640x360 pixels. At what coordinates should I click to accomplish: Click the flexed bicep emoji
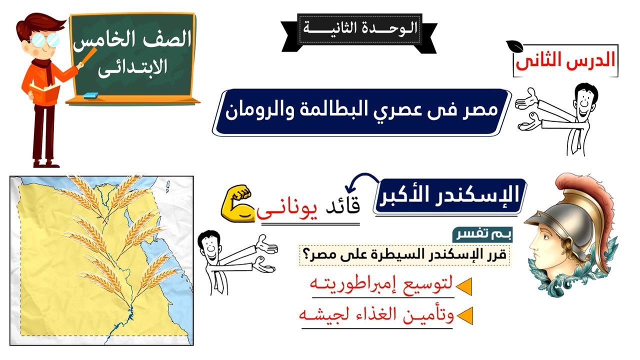click(x=236, y=203)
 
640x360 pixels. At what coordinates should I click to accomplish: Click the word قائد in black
click(x=343, y=204)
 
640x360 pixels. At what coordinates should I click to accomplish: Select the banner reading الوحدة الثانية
click(x=359, y=33)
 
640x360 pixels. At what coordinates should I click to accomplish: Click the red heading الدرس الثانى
click(x=565, y=60)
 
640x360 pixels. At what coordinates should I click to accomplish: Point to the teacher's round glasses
click(x=44, y=39)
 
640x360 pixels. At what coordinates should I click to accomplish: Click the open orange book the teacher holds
click(x=45, y=93)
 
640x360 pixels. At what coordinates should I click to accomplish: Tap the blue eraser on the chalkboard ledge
click(x=91, y=95)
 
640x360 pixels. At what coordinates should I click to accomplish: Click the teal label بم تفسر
click(x=482, y=235)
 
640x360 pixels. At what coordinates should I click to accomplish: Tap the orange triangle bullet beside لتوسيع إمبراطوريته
click(x=464, y=286)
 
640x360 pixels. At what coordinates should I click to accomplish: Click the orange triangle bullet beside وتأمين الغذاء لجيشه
click(x=465, y=315)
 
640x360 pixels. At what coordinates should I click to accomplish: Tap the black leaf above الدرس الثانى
click(x=514, y=45)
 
